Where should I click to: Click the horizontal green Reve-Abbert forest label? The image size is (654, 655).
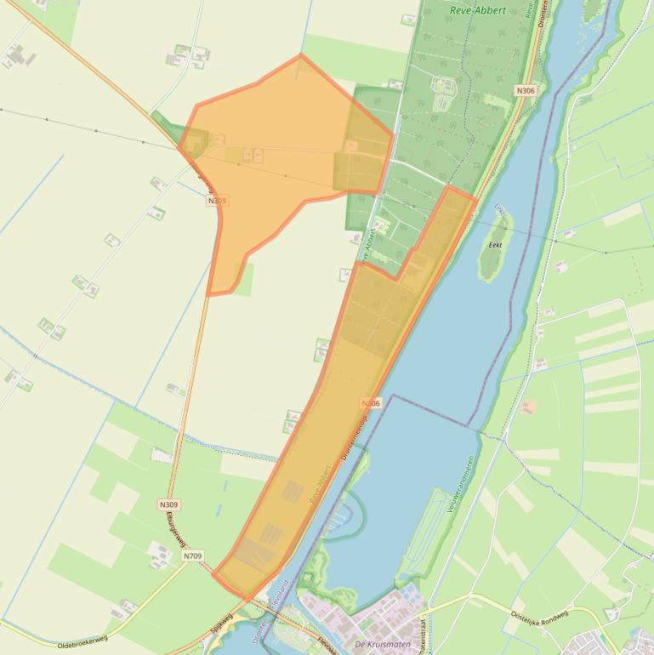(x=476, y=10)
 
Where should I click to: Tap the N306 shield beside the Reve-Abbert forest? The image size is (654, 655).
(x=526, y=91)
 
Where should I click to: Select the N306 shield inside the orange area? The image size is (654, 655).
(x=371, y=403)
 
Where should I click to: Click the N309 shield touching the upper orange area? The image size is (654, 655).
(x=217, y=201)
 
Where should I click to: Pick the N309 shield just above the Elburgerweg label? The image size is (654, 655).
(x=168, y=504)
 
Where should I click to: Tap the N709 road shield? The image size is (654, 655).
(x=192, y=556)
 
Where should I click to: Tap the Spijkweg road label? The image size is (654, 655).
(x=220, y=624)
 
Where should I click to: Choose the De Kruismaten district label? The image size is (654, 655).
(x=383, y=644)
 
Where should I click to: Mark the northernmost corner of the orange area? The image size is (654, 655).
(x=300, y=55)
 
